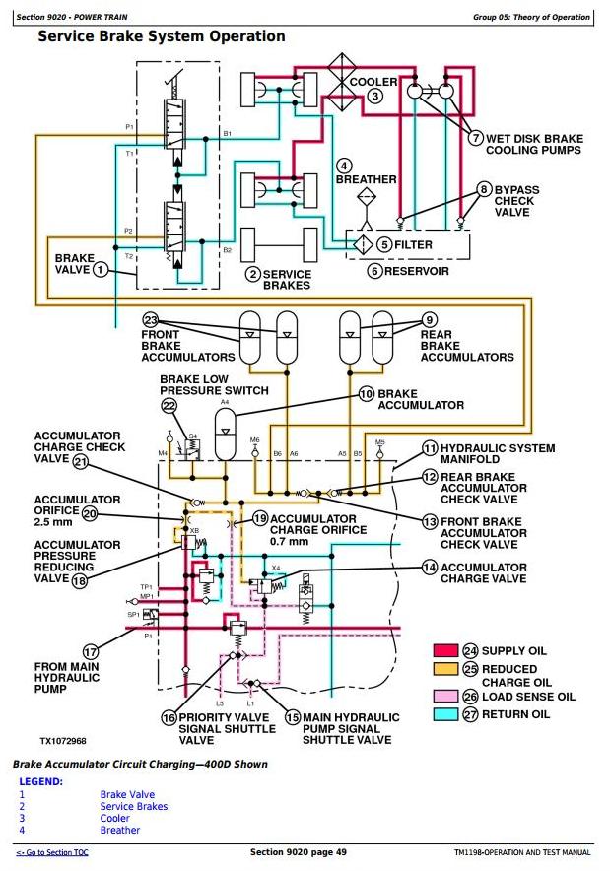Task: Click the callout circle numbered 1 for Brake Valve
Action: coord(100,271)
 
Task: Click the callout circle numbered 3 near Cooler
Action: coord(374,96)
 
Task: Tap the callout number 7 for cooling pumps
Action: coord(475,139)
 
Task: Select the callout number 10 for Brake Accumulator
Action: coord(367,394)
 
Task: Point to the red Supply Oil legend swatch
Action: coord(445,650)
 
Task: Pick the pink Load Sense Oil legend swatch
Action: coord(445,697)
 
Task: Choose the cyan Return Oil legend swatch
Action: coord(445,714)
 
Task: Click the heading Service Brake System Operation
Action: coord(161,36)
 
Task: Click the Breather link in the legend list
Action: coord(119,830)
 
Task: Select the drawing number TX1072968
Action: coord(63,740)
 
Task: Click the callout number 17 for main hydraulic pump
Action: coord(91,651)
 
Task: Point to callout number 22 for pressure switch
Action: coord(169,405)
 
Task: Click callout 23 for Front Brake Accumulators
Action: coord(150,320)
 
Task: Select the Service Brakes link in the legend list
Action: coord(133,806)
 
